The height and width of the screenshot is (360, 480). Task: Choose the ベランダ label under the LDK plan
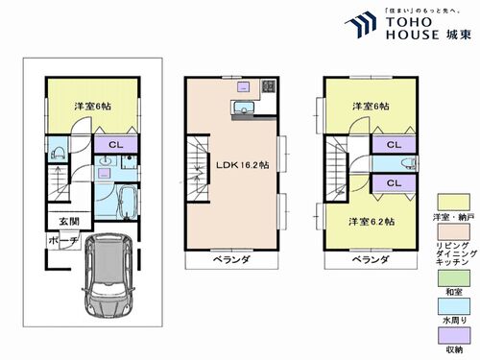(x=232, y=259)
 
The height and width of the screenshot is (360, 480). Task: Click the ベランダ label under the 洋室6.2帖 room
(x=370, y=259)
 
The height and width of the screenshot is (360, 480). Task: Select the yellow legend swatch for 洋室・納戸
(x=446, y=201)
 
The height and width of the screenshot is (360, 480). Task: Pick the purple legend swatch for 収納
(x=446, y=336)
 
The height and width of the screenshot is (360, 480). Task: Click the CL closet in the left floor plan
(x=114, y=146)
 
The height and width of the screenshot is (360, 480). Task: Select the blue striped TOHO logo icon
(x=361, y=26)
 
